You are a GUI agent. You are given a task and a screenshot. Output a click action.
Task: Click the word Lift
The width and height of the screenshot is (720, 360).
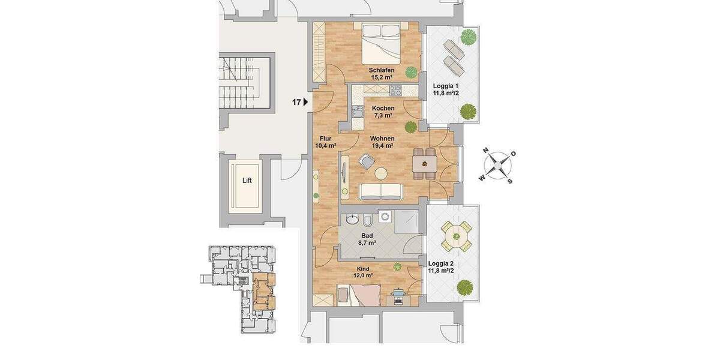[247, 180]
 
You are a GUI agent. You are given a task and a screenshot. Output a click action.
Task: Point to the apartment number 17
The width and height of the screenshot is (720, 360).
[296, 103]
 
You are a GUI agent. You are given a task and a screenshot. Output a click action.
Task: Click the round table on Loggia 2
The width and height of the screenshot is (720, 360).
[456, 236]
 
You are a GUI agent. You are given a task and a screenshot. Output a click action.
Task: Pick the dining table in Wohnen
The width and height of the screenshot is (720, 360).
[424, 163]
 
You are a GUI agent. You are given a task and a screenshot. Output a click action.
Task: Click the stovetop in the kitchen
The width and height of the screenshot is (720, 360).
[396, 91]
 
